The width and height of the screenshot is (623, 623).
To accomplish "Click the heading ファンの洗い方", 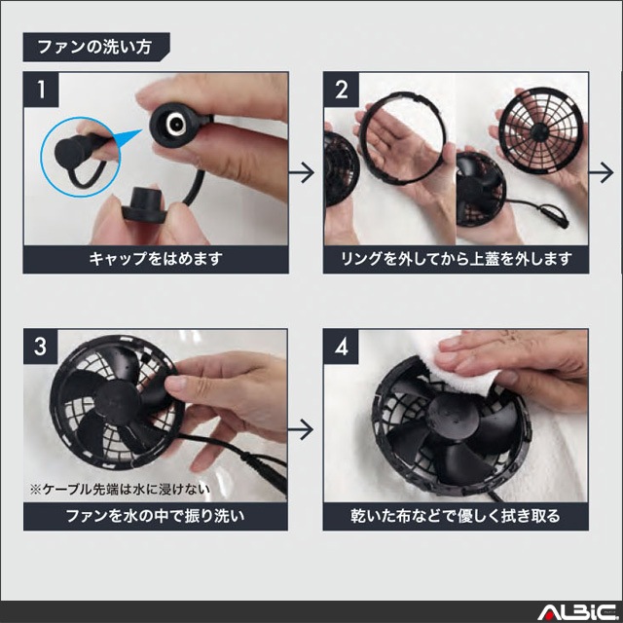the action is click(94, 47).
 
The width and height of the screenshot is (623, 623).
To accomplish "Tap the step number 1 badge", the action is click(41, 90).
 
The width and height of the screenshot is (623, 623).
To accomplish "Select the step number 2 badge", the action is click(341, 90).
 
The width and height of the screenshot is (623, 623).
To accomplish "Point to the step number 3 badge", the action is click(41, 347).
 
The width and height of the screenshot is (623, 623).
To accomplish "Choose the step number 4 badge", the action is click(341, 347).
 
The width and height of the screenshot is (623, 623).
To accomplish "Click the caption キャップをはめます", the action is click(156, 259).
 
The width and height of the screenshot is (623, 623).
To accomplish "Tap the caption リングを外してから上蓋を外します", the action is click(457, 259).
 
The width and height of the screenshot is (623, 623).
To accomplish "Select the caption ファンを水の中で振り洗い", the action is click(156, 516).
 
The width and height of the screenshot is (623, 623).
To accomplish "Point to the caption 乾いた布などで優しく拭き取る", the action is click(456, 516).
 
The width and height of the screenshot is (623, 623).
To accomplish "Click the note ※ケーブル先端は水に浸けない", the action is click(120, 489).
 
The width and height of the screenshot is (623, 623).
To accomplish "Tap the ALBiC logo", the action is click(577, 612).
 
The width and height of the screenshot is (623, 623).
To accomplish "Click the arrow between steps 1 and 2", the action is click(302, 172).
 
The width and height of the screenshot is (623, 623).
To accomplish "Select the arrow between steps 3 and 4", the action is click(301, 429).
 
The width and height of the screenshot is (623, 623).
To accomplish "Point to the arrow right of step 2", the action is click(602, 172).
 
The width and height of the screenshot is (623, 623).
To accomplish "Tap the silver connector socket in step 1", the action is click(175, 124).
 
